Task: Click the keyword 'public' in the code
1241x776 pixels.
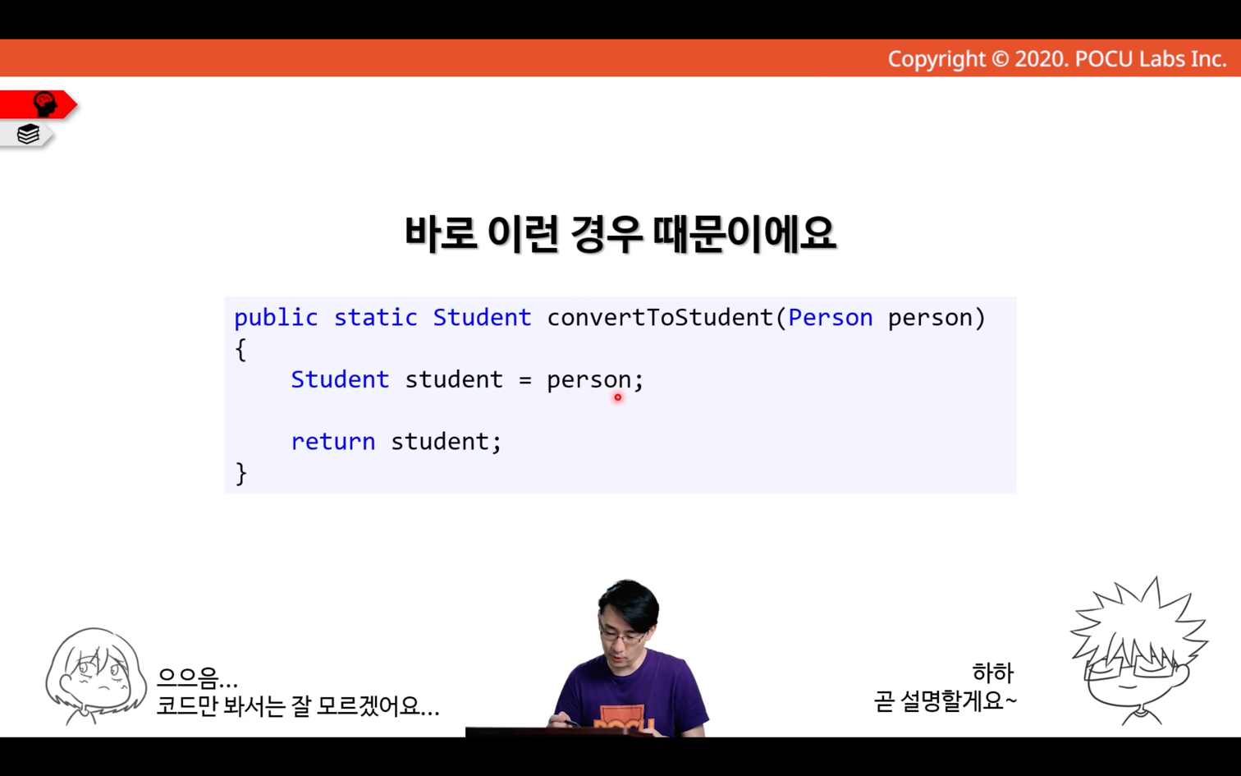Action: [x=276, y=319]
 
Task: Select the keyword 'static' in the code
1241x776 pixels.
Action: [x=375, y=318]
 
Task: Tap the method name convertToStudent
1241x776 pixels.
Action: [x=660, y=318]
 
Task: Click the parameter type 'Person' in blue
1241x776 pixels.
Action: [x=830, y=318]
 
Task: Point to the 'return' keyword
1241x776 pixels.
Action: [x=333, y=442]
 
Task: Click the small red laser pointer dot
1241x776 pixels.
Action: [x=618, y=397]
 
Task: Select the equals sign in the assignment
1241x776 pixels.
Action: [x=524, y=380]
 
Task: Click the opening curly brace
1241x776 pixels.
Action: [x=241, y=349]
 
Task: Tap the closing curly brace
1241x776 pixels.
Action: [x=241, y=473]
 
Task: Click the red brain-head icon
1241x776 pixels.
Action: [x=45, y=104]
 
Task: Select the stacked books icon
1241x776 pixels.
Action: [x=28, y=134]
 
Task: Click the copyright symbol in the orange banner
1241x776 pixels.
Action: [x=1000, y=59]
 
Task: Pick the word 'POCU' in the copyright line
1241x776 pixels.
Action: [x=1104, y=59]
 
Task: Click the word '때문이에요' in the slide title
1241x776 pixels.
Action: [x=744, y=233]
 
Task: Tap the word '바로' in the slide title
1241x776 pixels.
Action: [x=440, y=233]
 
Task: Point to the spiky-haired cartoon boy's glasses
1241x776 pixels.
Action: [x=1133, y=665]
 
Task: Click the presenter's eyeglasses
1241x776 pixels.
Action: [x=623, y=637]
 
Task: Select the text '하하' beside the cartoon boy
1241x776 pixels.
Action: [x=993, y=673]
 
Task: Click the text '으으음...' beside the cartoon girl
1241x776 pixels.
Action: [x=197, y=677]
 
